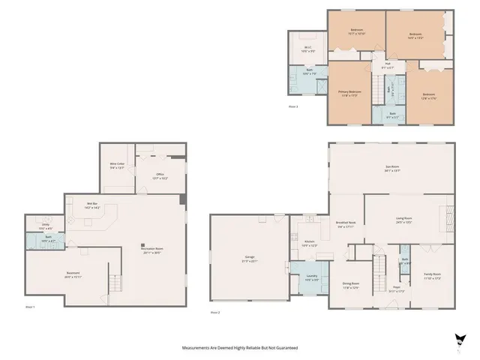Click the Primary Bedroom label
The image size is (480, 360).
point(350,93)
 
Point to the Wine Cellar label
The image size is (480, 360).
point(117,165)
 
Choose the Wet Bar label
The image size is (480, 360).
point(92,204)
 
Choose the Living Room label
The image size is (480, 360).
point(404,220)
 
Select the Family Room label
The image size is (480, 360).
point(433,276)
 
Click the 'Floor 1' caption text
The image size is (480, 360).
point(31,307)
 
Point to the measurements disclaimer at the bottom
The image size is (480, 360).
point(240,348)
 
